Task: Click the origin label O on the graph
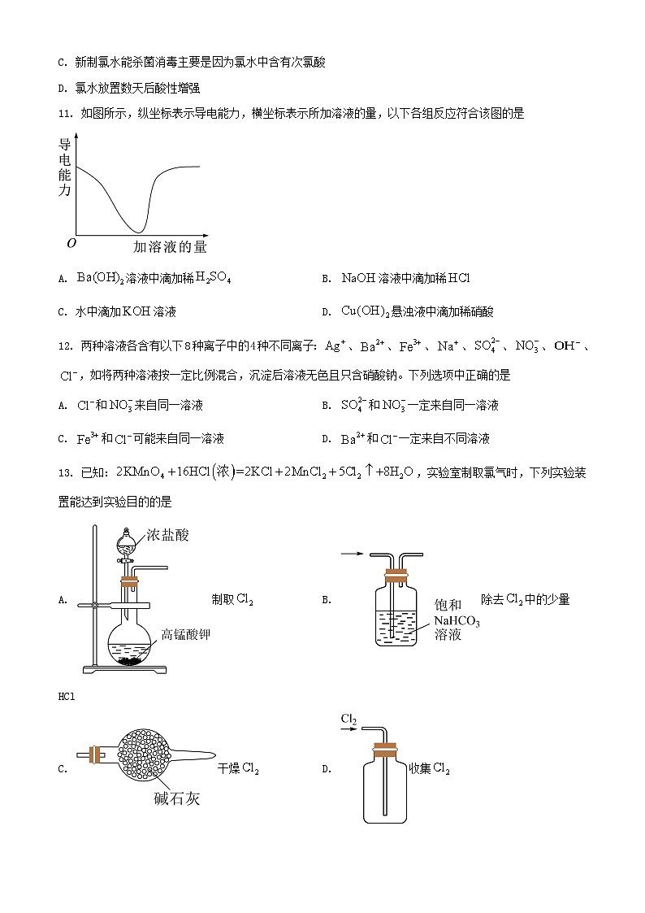(71, 242)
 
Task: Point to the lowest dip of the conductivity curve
(140, 230)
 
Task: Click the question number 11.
(65, 114)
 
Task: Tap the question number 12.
(65, 346)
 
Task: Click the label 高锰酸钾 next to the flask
(185, 634)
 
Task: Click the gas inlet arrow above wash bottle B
(350, 554)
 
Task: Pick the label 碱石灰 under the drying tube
(176, 798)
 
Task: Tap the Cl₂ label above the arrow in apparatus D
(349, 719)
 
